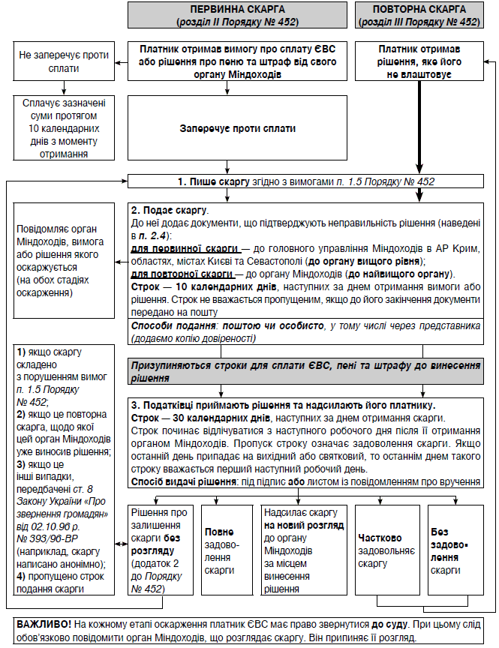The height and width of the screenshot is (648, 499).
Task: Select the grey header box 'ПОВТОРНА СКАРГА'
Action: point(427,14)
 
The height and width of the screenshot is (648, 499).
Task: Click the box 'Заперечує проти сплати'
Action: point(237,128)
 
